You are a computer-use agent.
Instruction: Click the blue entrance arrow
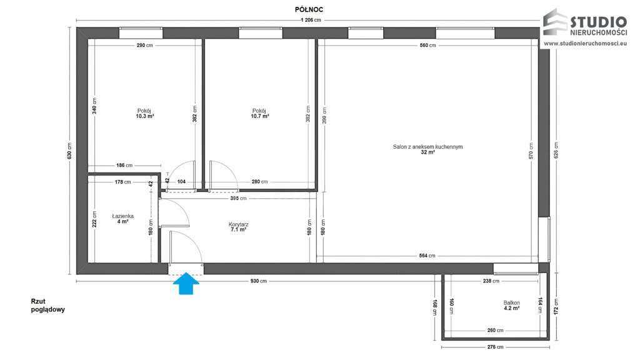pos(186,283)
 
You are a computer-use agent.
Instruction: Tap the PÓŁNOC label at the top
pos(309,10)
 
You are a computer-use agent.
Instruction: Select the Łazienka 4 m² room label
pos(123,219)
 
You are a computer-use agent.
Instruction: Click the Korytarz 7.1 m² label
pos(238,227)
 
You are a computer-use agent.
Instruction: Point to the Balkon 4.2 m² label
pos(511,306)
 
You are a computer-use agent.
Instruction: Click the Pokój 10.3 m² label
pos(144,114)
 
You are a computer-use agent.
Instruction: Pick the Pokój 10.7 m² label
pos(259,114)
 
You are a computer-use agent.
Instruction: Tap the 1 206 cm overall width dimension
pos(311,20)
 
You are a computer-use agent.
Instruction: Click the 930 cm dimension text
pos(258,281)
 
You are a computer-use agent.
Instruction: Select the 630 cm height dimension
pos(69,151)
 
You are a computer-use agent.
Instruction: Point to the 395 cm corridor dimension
pos(238,198)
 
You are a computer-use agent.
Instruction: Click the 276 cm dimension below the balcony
pos(495,347)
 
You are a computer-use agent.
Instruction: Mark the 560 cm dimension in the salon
pos(427,45)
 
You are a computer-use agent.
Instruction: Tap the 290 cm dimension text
pos(144,45)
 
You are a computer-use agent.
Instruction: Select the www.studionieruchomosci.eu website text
pos(585,43)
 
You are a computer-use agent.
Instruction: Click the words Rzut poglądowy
pos(47,305)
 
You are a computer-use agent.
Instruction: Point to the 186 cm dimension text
pos(124,166)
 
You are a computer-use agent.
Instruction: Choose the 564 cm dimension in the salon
pos(427,256)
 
